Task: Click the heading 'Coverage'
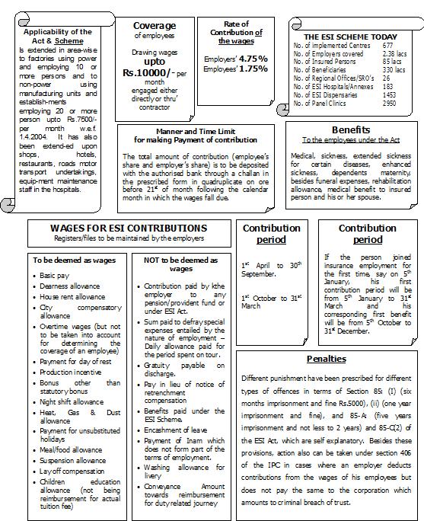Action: tap(155, 25)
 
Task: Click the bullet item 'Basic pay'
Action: tap(56, 274)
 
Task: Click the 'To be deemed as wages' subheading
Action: tap(74, 260)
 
